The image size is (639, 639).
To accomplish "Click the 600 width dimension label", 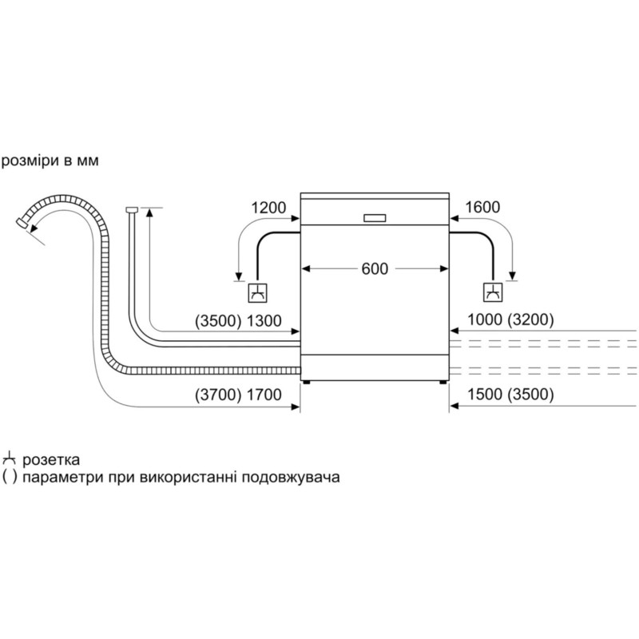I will [x=375, y=268].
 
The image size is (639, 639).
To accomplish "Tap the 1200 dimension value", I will [x=268, y=208].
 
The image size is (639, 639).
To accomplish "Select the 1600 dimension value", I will [x=482, y=208].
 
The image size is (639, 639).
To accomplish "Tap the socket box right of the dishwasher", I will [x=492, y=293].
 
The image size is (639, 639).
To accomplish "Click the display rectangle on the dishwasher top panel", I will [x=375, y=217].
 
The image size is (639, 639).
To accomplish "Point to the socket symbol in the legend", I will [x=10, y=459].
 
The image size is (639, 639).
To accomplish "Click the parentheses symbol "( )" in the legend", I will [x=10, y=478].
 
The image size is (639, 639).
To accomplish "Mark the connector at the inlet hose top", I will [x=132, y=211].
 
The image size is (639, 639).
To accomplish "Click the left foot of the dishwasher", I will [x=305, y=384].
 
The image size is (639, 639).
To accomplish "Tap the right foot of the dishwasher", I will [x=443, y=384].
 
